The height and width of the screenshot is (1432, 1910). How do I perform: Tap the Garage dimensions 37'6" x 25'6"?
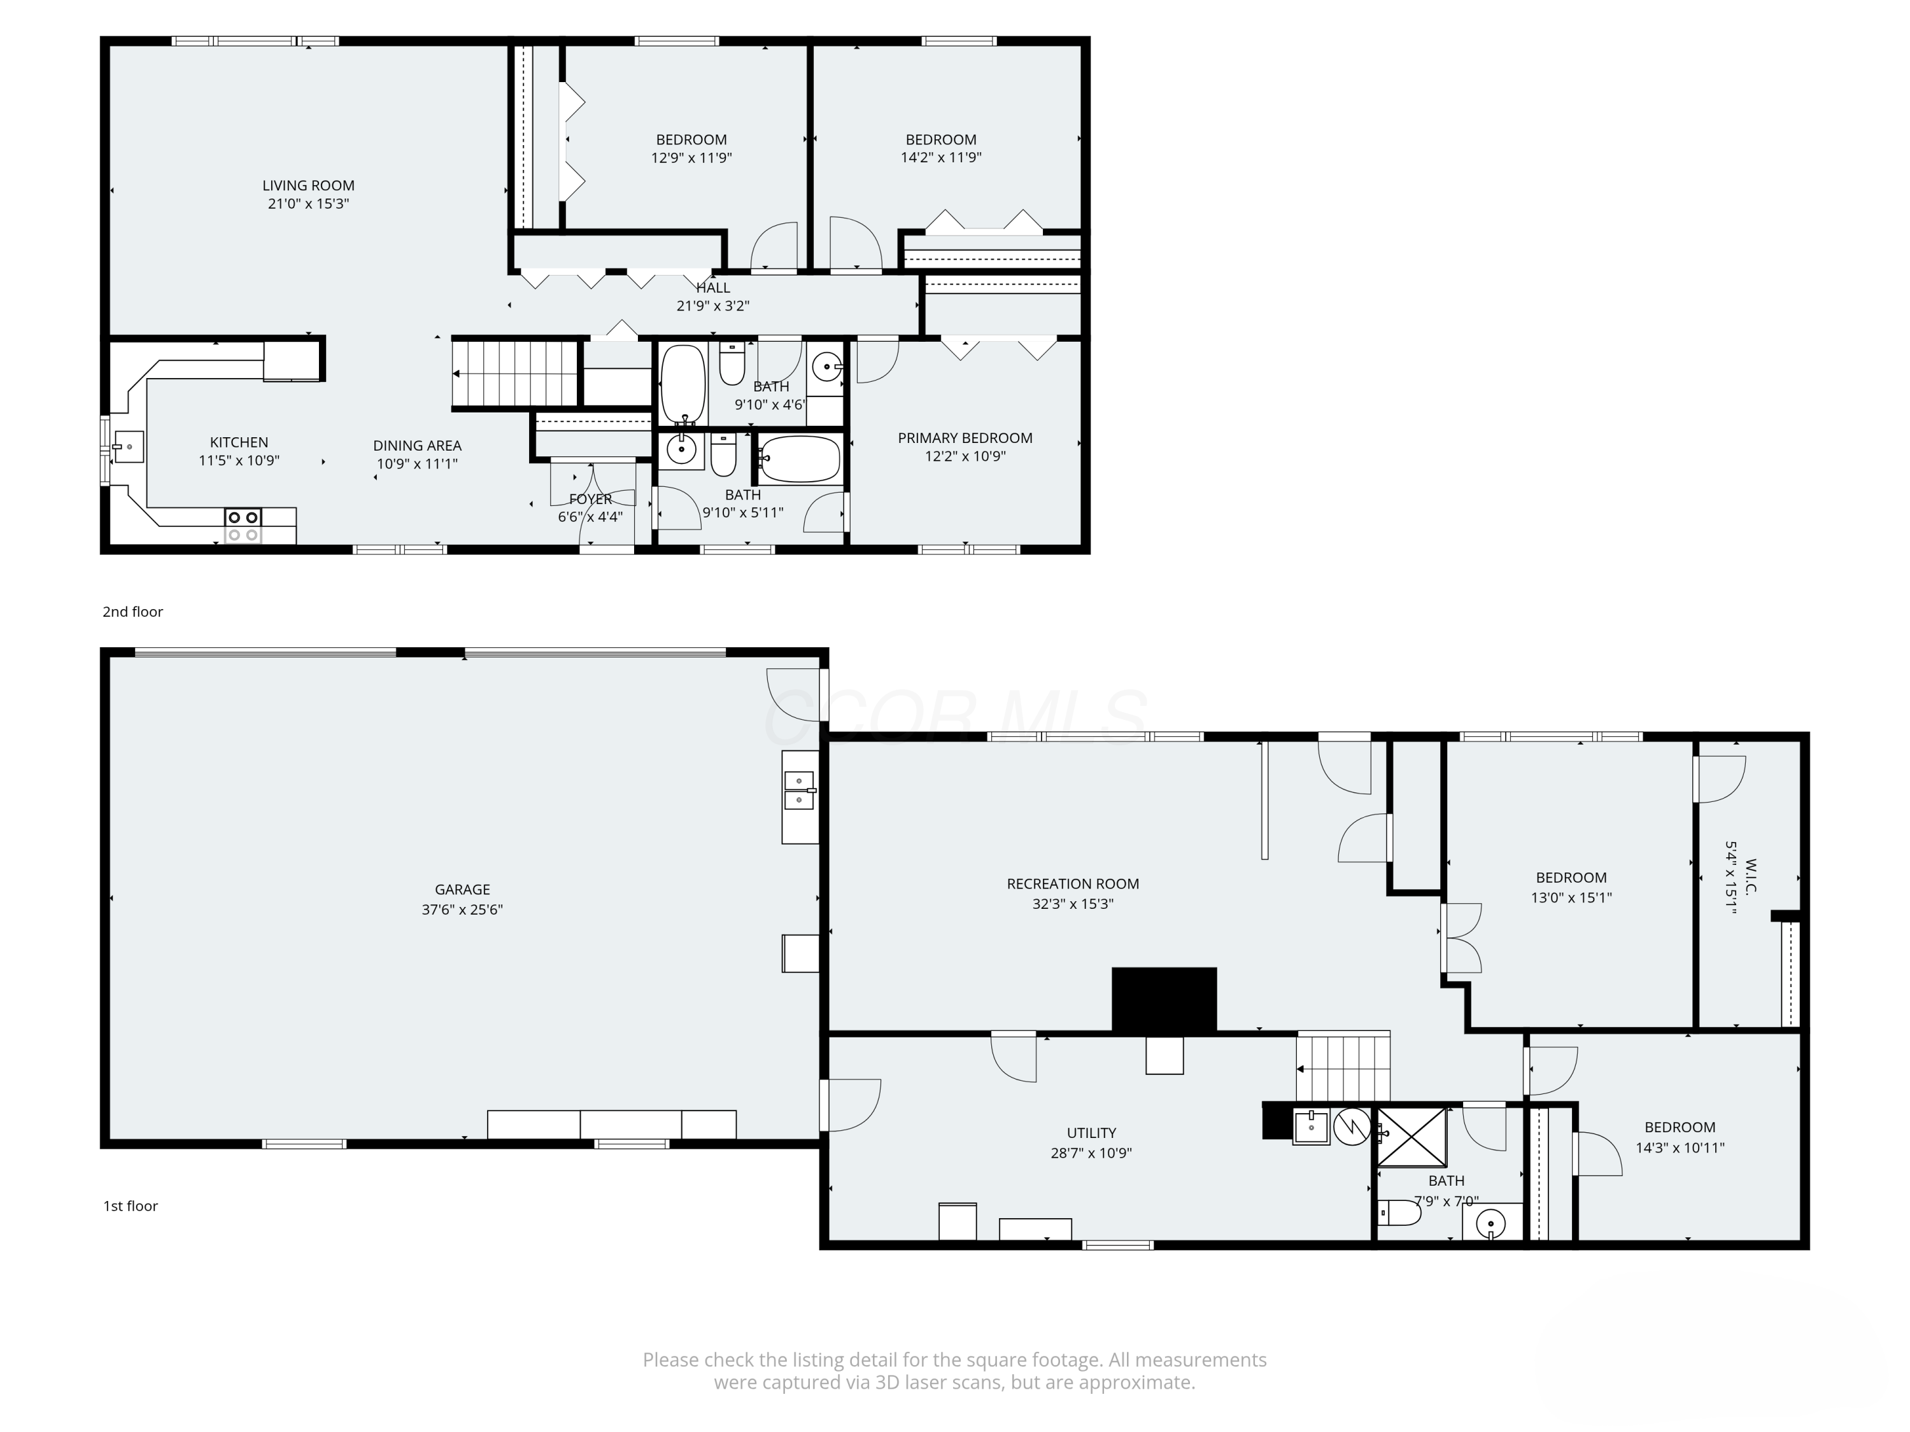tap(462, 909)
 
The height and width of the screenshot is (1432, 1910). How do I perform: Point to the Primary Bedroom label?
tap(965, 438)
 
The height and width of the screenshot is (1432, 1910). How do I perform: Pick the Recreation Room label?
tap(1072, 884)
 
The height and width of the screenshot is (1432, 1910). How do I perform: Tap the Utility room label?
tap(1091, 1132)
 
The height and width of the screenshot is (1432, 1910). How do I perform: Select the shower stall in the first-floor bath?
tap(1411, 1137)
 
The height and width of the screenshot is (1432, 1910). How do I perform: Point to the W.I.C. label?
tap(1751, 876)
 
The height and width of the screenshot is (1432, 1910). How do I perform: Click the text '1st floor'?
tap(131, 1206)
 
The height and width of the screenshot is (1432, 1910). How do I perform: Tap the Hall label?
tap(713, 288)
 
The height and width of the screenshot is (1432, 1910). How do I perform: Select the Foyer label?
tap(591, 499)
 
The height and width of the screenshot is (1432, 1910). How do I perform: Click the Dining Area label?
tap(417, 446)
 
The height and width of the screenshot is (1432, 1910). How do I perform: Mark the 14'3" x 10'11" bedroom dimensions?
tap(1680, 1148)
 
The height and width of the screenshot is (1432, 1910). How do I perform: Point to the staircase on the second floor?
tap(514, 373)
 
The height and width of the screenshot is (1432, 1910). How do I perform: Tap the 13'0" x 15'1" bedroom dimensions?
tap(1571, 897)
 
